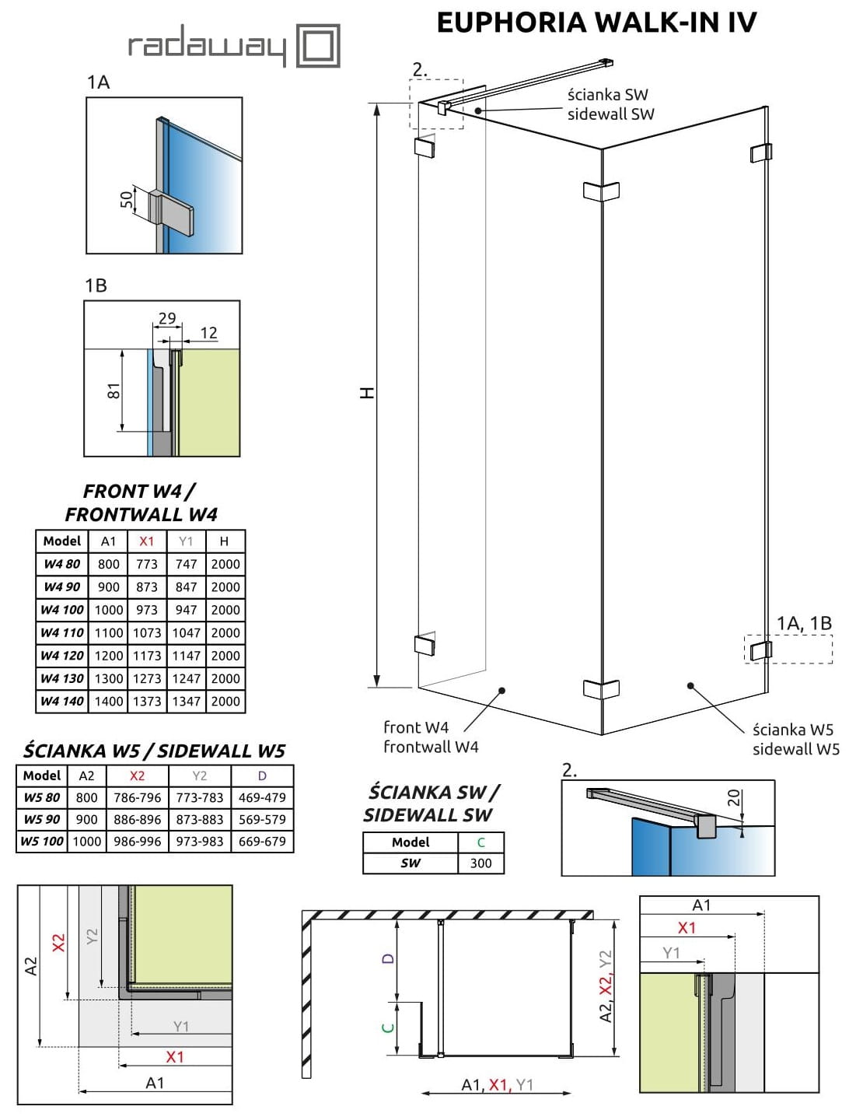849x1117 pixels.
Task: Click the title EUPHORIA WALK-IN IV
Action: pyautogui.click(x=596, y=23)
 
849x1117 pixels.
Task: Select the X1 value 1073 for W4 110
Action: pyautogui.click(x=147, y=633)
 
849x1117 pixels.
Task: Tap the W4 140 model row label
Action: pyautogui.click(x=62, y=701)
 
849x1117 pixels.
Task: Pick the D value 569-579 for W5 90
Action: pyautogui.click(x=262, y=819)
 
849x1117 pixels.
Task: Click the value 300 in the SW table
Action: pyautogui.click(x=480, y=863)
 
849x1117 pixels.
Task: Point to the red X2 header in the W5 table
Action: pyautogui.click(x=137, y=776)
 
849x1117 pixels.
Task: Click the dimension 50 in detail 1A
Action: pyautogui.click(x=126, y=200)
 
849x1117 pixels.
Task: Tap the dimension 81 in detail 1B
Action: pyautogui.click(x=114, y=390)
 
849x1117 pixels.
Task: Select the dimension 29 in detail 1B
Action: pyautogui.click(x=167, y=318)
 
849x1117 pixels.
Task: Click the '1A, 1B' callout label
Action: pyautogui.click(x=804, y=623)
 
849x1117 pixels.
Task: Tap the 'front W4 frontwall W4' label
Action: pyautogui.click(x=431, y=737)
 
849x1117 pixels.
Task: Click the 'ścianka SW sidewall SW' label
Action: pyautogui.click(x=610, y=104)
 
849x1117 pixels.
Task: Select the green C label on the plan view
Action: pyautogui.click(x=389, y=1028)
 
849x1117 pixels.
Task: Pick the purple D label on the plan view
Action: pyautogui.click(x=389, y=958)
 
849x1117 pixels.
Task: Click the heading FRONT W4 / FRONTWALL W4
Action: pyautogui.click(x=141, y=502)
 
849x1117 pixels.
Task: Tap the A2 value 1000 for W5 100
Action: pyautogui.click(x=87, y=841)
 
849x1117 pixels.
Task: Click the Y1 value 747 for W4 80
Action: pyautogui.click(x=186, y=564)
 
